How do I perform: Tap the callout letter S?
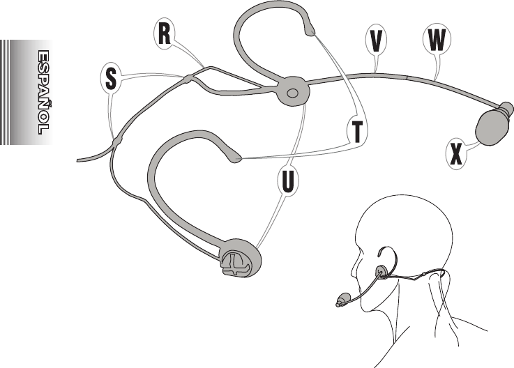click(111, 78)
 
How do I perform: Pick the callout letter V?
click(376, 40)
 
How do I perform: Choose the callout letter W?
click(436, 40)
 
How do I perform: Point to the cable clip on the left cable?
click(116, 141)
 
